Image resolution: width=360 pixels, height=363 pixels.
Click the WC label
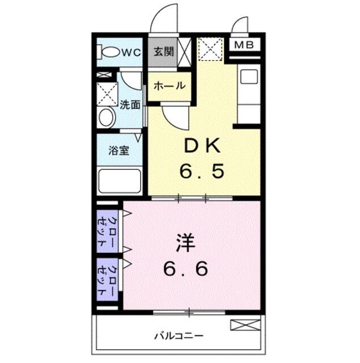click(x=131, y=53)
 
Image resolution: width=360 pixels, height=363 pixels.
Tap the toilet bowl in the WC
click(x=110, y=52)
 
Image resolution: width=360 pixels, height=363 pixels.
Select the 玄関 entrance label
click(x=164, y=52)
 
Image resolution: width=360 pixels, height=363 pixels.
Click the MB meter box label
click(x=244, y=45)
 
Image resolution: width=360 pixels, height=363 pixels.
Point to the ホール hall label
click(x=170, y=86)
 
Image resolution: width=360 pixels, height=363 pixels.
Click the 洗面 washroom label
click(x=130, y=105)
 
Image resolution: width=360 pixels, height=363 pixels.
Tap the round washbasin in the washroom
click(x=107, y=117)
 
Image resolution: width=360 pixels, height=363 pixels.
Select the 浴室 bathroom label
click(x=119, y=151)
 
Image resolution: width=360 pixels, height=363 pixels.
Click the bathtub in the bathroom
click(x=120, y=181)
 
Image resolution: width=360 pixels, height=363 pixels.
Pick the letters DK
click(x=202, y=145)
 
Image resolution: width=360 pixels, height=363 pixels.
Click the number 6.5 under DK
click(x=202, y=171)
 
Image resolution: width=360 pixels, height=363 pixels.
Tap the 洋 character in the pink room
click(x=186, y=243)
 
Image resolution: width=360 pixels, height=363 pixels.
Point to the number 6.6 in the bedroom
click(x=185, y=268)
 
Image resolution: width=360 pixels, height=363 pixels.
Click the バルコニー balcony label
click(x=179, y=335)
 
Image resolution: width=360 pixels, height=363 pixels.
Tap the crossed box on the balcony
click(x=245, y=325)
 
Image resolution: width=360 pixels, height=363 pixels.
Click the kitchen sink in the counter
click(x=249, y=77)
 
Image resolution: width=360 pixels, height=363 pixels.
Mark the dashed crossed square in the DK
click(x=210, y=49)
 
